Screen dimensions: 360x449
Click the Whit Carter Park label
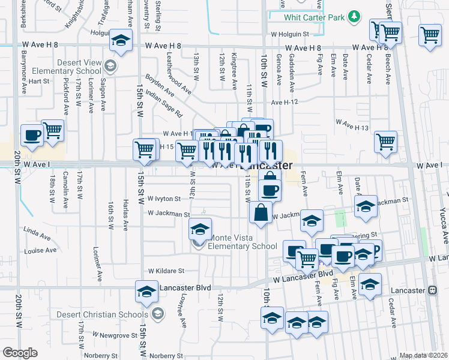315,17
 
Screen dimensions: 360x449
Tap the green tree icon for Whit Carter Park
355,16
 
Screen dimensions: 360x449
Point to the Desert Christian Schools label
102,314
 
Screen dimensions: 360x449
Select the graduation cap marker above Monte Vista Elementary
200,229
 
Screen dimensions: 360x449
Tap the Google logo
20,352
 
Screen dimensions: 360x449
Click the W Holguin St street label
292,34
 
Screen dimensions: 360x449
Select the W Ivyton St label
164,199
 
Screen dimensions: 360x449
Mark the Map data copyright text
423,355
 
